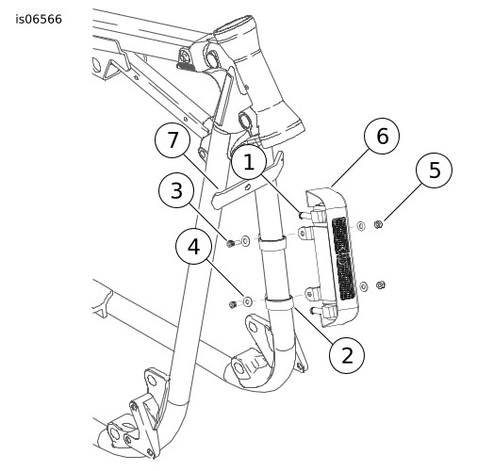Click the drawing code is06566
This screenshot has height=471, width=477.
tap(39, 20)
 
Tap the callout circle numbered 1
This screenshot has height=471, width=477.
tap(249, 162)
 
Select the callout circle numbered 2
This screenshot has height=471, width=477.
tap(347, 356)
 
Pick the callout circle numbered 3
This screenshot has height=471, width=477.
tap(176, 190)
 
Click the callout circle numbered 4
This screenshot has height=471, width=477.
tap(193, 246)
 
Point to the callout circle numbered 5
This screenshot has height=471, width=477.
tap(435, 170)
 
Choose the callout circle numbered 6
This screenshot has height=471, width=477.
tap(382, 137)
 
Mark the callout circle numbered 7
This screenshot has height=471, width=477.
tap(173, 139)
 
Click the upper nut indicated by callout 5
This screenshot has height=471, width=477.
tap(378, 224)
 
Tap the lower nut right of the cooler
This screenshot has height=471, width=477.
tap(381, 285)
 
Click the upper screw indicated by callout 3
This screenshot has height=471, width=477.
tap(230, 243)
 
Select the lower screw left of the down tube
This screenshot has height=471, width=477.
tap(233, 304)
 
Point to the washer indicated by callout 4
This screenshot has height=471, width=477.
tap(247, 302)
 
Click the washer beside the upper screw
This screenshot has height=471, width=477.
tap(245, 241)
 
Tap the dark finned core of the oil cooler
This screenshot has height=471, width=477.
tap(343, 258)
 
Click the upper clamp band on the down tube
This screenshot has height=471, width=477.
tap(272, 242)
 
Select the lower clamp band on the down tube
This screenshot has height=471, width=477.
tap(278, 303)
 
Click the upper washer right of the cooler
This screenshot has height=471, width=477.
tap(361, 226)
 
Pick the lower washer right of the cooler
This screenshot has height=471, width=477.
tap(364, 286)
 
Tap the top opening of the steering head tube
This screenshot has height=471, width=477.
tap(233, 24)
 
